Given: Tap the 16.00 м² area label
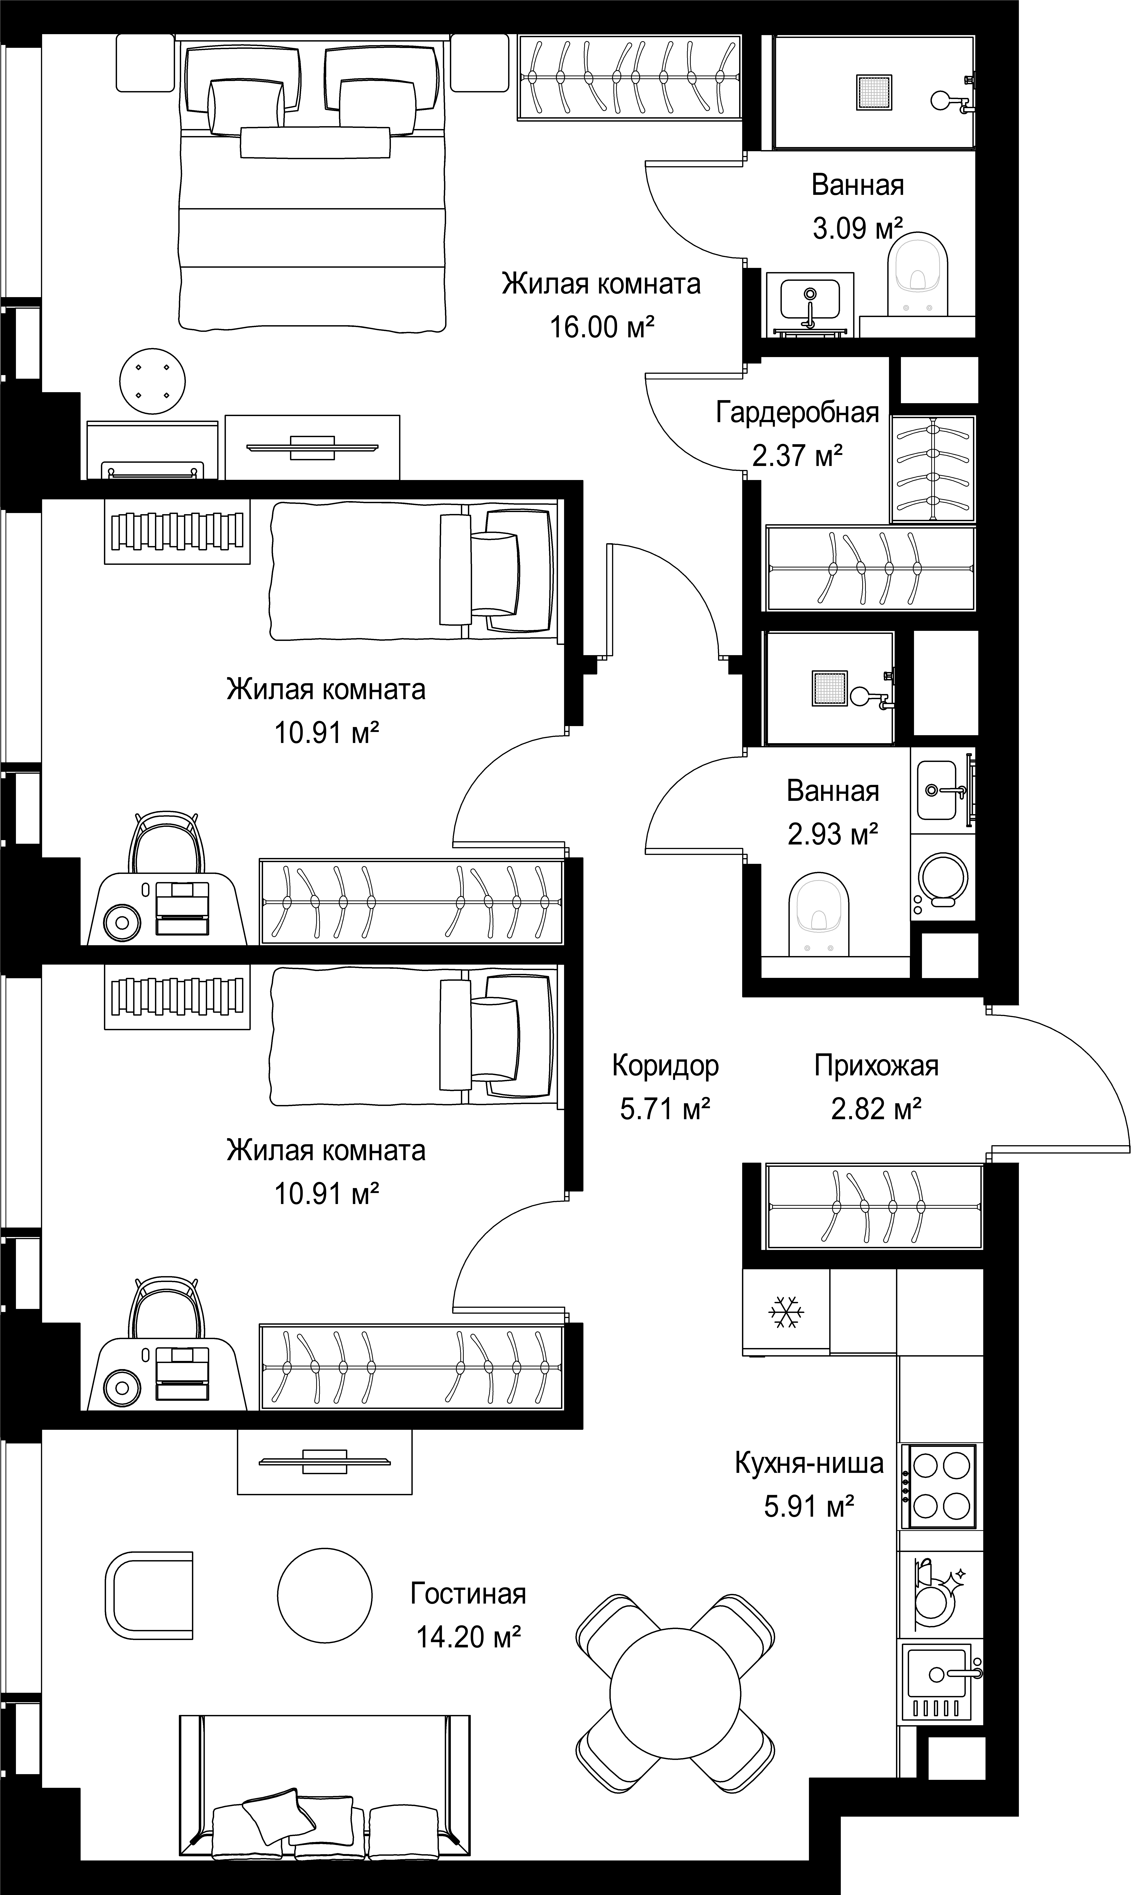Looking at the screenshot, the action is [x=602, y=327].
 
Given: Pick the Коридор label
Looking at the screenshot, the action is [x=666, y=1066].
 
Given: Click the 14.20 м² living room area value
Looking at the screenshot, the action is [x=469, y=1637].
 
